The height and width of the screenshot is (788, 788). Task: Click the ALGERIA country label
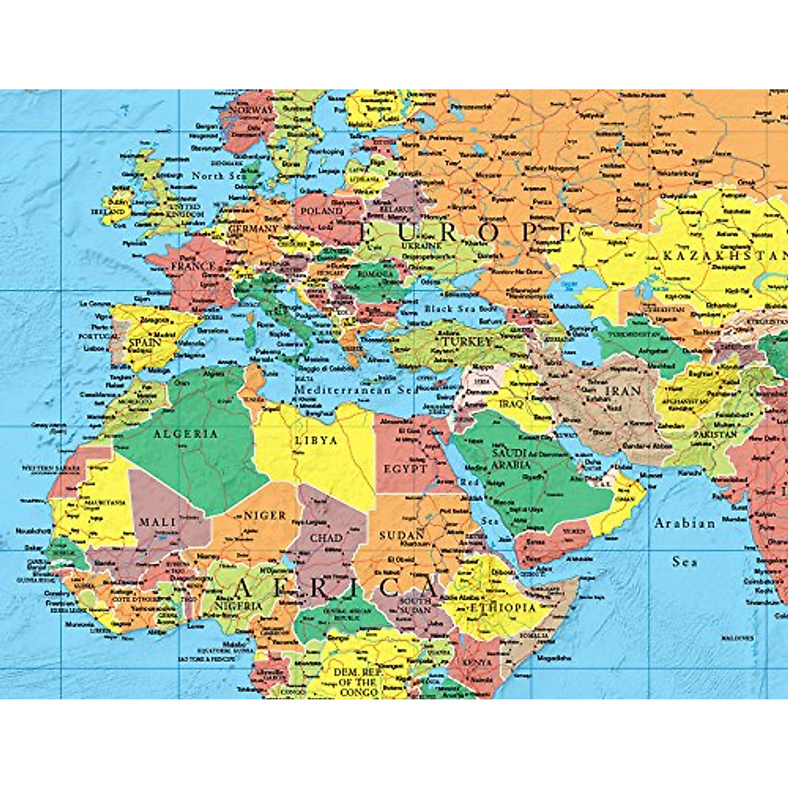point(185,434)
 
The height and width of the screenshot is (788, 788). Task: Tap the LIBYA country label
point(316,441)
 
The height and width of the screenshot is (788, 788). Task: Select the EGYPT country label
point(406,469)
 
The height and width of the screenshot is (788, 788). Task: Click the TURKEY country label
point(466,342)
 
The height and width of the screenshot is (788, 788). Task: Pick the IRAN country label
point(622,391)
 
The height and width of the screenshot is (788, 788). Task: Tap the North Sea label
point(218,176)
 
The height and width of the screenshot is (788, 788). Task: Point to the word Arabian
point(684,523)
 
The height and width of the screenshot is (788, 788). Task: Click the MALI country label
point(158,522)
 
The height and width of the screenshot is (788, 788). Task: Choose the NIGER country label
point(265,515)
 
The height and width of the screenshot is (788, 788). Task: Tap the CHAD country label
point(326,538)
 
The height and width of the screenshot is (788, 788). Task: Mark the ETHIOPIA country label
point(502,607)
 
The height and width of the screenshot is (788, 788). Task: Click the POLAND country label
point(321,211)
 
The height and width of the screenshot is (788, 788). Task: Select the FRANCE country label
point(193,267)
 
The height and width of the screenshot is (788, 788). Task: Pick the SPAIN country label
point(145,342)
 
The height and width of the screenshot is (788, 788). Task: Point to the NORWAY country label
point(251,110)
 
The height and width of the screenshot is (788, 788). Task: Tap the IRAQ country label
point(512,404)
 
